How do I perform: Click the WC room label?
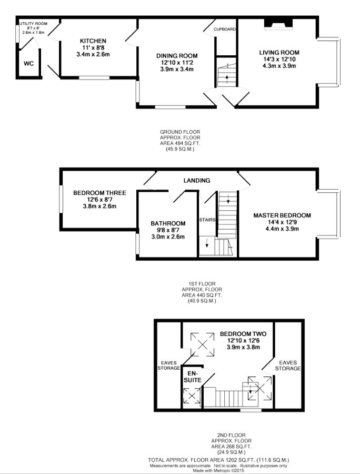tap(29, 64)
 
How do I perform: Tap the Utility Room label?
tap(33, 24)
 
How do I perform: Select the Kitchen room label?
tap(93, 41)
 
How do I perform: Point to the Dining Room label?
tap(177, 56)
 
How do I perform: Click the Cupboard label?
tap(224, 29)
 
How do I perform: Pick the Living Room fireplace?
tap(278, 24)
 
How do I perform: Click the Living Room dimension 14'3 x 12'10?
tap(279, 59)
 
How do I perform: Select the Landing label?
tap(197, 181)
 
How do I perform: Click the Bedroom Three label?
tap(99, 193)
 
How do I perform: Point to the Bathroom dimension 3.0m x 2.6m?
tap(168, 236)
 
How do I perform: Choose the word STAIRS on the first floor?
tap(207, 220)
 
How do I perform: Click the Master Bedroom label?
tap(282, 215)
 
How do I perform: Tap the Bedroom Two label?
tap(243, 334)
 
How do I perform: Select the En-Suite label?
tap(193, 377)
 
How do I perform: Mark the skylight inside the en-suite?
tap(192, 396)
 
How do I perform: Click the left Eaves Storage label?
tap(169, 366)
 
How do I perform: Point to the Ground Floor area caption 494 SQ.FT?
tap(180, 143)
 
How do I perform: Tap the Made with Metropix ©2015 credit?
tap(218, 470)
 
